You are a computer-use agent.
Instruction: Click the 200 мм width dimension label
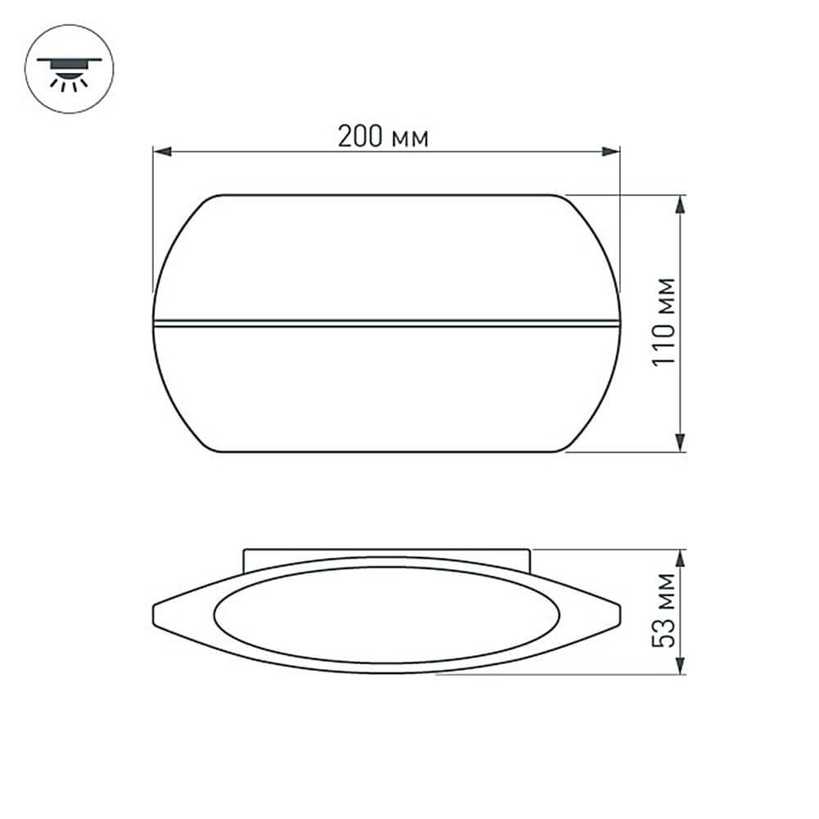383,136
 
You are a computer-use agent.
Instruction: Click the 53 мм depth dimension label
665,610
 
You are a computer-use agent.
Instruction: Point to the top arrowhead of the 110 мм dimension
681,203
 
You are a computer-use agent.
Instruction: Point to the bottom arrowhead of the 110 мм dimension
681,443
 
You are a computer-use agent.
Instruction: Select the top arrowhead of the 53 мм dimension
681,558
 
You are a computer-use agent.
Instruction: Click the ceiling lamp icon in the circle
69,70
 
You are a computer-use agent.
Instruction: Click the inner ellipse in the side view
387,614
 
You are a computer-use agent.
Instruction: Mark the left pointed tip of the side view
156,612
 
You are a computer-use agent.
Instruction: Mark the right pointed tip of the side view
618,612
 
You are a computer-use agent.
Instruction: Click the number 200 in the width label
361,136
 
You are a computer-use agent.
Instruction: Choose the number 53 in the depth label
665,631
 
